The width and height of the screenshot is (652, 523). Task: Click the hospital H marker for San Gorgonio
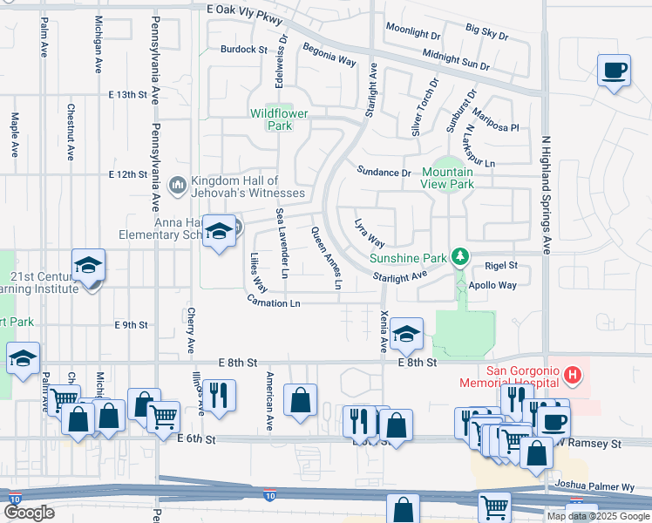click(x=573, y=376)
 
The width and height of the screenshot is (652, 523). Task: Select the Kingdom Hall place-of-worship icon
click(x=177, y=183)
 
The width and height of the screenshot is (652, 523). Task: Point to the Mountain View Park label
click(x=447, y=178)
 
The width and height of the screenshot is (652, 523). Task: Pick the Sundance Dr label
click(x=384, y=173)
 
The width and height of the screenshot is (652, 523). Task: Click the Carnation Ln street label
click(x=274, y=302)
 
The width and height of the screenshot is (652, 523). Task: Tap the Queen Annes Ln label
click(x=326, y=258)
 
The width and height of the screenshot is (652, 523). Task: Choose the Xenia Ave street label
click(x=384, y=330)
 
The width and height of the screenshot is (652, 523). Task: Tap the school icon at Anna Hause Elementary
click(x=220, y=231)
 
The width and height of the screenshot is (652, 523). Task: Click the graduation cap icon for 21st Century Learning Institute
click(x=88, y=265)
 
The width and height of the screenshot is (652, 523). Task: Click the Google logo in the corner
click(x=30, y=513)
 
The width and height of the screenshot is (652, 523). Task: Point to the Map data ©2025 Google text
click(x=598, y=516)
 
